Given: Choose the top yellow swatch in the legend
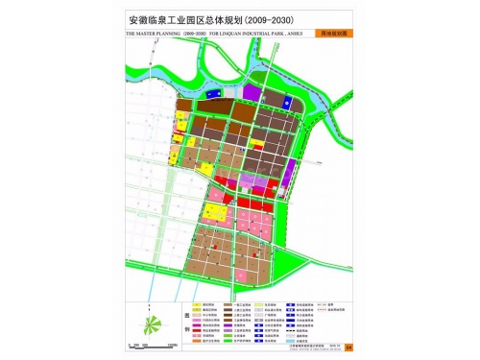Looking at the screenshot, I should (x=197, y=304).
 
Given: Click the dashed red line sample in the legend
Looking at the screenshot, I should (x=321, y=304).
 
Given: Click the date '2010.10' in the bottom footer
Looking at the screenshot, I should (x=332, y=348).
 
